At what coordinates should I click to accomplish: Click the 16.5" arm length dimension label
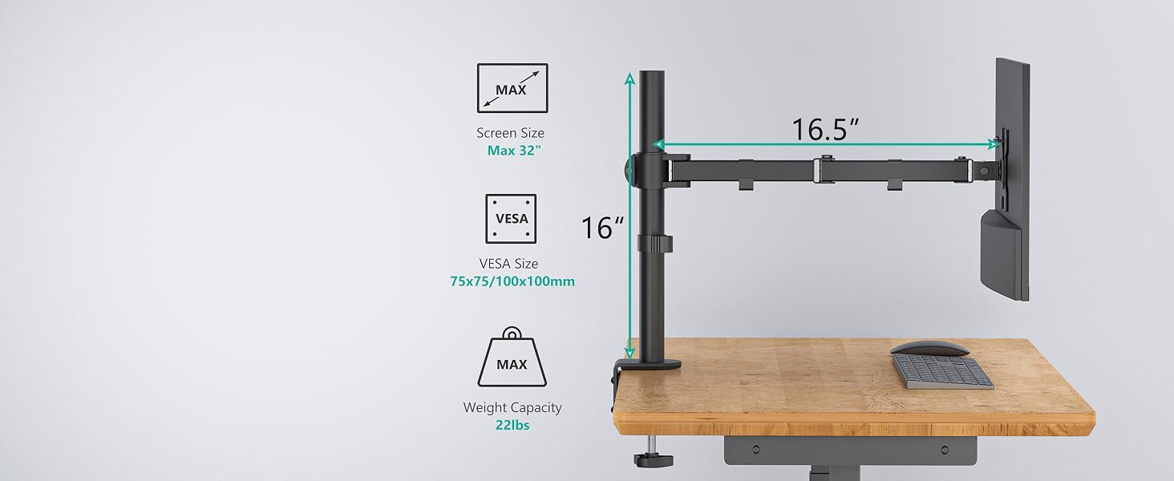click(825, 129)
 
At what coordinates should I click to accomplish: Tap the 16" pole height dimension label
click(602, 228)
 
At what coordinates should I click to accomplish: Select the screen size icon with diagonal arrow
click(512, 88)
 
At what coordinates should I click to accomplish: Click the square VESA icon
click(511, 219)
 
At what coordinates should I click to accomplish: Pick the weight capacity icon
click(512, 358)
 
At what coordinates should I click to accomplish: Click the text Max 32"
click(513, 151)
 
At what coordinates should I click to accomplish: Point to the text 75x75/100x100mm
click(512, 281)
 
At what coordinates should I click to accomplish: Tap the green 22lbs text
click(512, 425)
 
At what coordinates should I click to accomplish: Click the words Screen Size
click(510, 133)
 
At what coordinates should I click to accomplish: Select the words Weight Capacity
click(512, 407)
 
